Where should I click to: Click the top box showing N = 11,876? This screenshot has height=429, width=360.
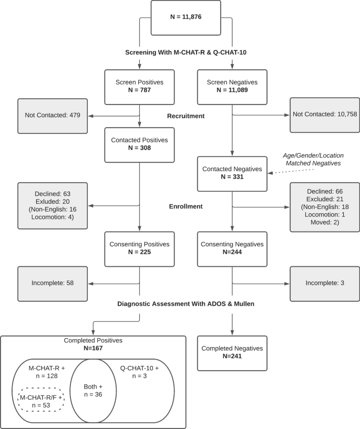coord(186,17)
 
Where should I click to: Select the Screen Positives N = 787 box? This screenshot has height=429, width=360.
coord(139,87)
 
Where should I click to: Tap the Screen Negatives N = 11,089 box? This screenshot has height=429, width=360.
coord(232,87)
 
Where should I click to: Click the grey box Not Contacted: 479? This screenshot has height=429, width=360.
coord(53,116)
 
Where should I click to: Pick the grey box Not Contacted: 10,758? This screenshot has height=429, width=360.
coord(325,115)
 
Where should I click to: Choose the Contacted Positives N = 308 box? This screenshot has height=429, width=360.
coord(139,144)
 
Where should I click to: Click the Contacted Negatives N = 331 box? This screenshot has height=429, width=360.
coord(232,173)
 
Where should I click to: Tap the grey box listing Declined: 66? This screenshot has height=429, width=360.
coord(325,207)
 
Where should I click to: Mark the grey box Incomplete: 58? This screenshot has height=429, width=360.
coord(53,283)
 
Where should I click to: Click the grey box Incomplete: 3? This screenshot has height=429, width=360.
coord(325,283)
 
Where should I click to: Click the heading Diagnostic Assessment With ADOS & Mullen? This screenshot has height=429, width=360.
coord(186,305)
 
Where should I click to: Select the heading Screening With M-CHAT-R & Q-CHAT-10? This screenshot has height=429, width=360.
coord(186,52)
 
